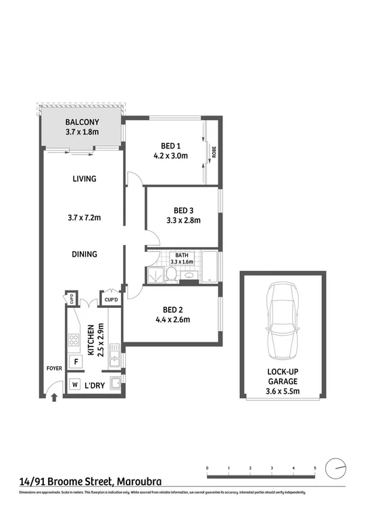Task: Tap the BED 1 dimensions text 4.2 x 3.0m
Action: (170, 156)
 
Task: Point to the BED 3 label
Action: (183, 209)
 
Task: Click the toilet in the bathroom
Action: (172, 274)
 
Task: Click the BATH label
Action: (182, 255)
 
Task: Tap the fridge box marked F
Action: (76, 361)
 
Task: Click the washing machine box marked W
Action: (74, 385)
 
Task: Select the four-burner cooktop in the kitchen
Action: (73, 338)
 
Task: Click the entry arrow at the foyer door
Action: (54, 398)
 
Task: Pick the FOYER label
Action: (53, 369)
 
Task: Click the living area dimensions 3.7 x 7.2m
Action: (84, 217)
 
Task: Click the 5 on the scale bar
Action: (314, 467)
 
